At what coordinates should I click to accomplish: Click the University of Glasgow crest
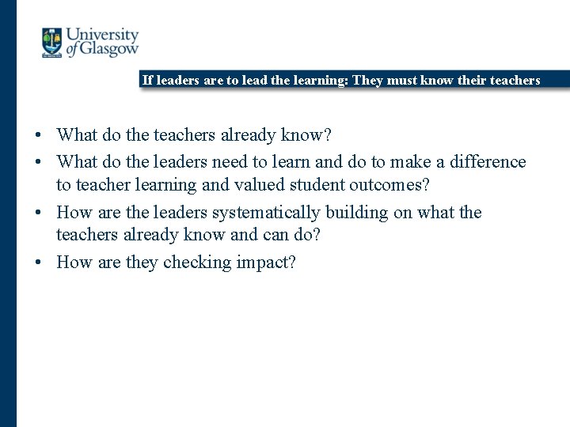(52, 43)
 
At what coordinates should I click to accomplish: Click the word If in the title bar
(147, 80)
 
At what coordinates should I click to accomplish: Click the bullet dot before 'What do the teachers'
(39, 136)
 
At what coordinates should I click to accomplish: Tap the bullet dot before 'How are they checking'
(39, 263)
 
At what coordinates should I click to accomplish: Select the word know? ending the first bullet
(306, 135)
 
